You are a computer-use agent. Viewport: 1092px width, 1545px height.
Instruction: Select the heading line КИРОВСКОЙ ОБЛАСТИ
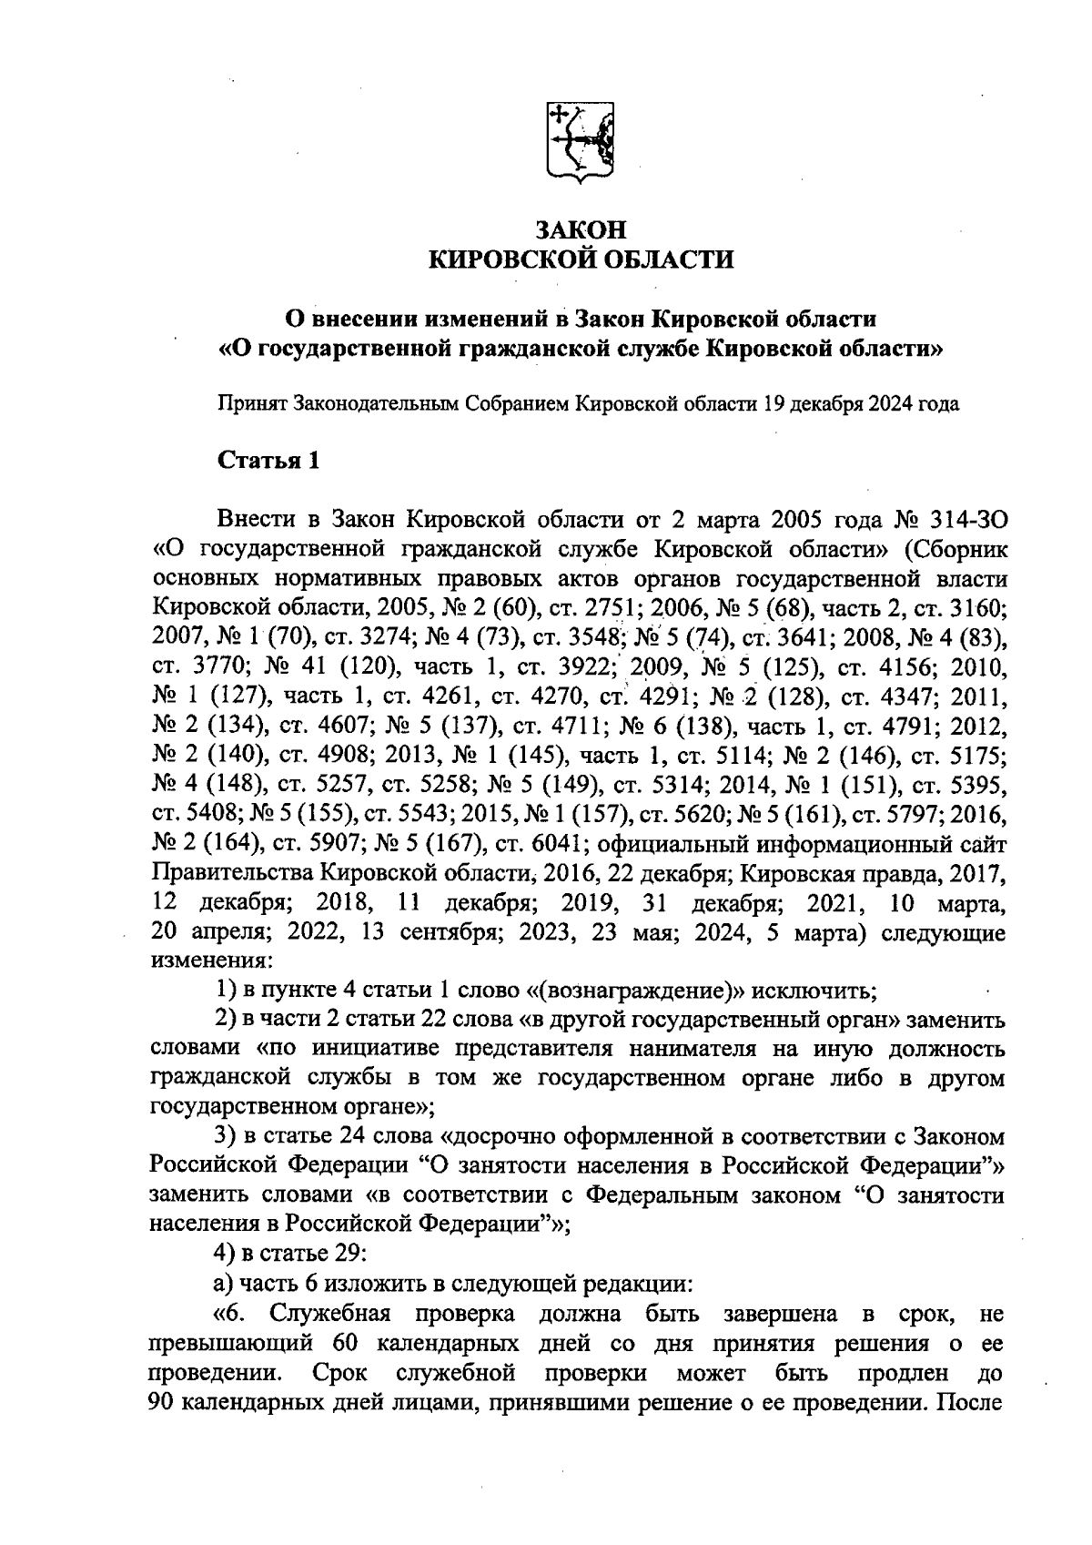click(x=581, y=260)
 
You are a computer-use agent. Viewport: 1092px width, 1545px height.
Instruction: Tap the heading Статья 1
click(x=268, y=461)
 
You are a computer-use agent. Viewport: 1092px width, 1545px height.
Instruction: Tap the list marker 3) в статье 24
click(x=224, y=1137)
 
